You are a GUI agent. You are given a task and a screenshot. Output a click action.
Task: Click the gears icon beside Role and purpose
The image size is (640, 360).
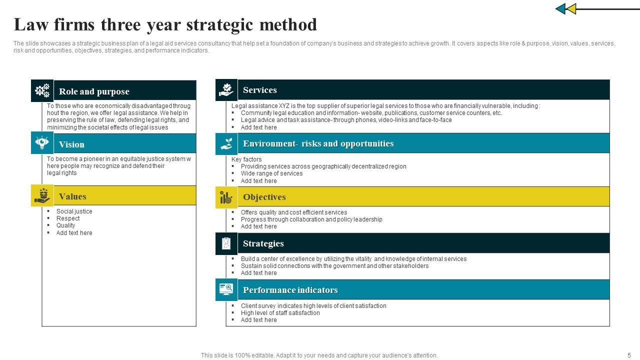coord(42,90)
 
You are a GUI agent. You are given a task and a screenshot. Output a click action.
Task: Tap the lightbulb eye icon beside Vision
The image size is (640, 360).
coord(42,143)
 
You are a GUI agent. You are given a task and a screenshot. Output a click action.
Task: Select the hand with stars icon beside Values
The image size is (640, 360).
coord(42,196)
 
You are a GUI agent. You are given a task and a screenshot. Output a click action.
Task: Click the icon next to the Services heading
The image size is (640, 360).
coord(226,90)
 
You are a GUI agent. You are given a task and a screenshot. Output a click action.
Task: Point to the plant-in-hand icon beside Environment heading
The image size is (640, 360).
coord(226,143)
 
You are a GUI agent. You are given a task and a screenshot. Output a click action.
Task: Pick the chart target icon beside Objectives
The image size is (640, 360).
coord(226,197)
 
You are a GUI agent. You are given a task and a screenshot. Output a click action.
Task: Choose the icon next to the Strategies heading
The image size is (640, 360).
coord(226,243)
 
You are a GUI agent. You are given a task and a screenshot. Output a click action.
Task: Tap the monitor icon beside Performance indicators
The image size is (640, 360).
coord(226,289)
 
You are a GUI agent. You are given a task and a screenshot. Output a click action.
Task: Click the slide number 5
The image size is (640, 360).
coord(629,355)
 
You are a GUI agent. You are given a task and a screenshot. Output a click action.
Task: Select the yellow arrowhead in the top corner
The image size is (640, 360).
coord(571,9)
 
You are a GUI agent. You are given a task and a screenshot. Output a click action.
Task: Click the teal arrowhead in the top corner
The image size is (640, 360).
coord(560,9)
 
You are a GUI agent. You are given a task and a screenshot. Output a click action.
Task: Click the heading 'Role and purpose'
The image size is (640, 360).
coord(94,91)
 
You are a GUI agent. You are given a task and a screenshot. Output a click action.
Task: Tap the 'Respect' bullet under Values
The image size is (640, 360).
coord(68,218)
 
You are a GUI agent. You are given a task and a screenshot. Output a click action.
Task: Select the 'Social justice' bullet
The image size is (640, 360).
coord(74,211)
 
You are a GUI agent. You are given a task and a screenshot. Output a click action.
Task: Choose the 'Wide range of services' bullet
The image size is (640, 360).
coord(271,173)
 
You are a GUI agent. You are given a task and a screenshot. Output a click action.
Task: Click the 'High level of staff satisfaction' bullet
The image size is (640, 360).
coord(280,313)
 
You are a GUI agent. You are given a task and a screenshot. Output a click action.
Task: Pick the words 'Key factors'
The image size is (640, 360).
coord(246,159)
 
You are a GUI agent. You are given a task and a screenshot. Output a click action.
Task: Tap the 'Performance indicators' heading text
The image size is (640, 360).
coord(290,290)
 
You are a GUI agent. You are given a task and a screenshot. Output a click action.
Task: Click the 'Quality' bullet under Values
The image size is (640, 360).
coord(65,225)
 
